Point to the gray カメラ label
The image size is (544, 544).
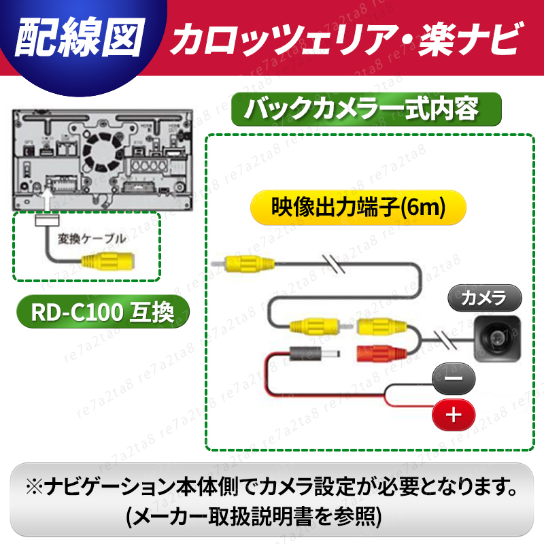[483, 298]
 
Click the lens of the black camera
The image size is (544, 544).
[495, 337]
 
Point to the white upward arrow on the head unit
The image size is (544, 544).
[47, 201]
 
